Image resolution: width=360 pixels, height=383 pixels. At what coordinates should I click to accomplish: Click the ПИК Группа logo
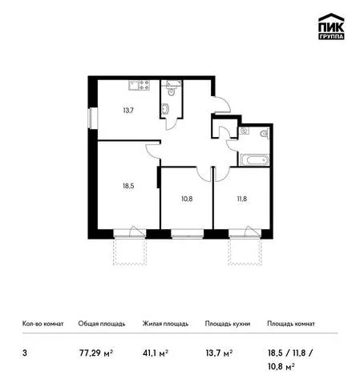[331, 26]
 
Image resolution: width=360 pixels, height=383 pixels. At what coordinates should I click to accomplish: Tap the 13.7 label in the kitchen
[128, 110]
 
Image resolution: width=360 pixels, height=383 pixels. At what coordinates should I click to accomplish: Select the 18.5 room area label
[128, 186]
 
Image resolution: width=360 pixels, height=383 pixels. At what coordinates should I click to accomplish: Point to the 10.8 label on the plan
[187, 199]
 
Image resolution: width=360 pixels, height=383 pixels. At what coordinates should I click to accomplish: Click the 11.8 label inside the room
[242, 199]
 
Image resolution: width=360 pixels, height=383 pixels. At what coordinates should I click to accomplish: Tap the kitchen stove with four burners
[144, 85]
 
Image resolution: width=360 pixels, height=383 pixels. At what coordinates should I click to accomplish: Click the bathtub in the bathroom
[255, 160]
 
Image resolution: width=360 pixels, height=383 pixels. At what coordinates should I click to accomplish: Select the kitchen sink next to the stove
[134, 85]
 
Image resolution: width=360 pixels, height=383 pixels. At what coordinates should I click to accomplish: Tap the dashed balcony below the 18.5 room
[130, 252]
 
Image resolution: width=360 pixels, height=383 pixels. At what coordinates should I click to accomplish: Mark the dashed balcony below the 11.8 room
[245, 252]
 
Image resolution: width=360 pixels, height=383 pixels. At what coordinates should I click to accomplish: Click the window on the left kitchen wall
[93, 119]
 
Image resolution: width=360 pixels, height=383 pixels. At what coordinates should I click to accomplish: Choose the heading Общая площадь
[102, 324]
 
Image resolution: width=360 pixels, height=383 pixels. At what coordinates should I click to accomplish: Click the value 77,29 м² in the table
[96, 353]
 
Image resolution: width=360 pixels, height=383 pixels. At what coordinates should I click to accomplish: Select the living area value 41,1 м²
[156, 353]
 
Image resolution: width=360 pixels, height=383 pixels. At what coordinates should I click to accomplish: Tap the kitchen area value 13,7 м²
[219, 353]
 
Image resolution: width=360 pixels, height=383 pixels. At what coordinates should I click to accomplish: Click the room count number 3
[25, 353]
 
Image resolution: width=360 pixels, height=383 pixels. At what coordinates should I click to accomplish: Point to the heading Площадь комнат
[291, 324]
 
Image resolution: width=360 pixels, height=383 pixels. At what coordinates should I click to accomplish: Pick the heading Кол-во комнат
[43, 324]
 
